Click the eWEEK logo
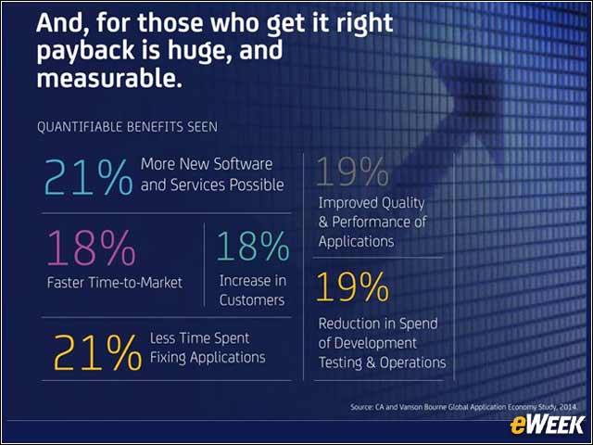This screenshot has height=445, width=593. click(x=547, y=425)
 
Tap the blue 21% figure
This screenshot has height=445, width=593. click(x=89, y=177)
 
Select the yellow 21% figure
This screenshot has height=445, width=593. click(x=97, y=352)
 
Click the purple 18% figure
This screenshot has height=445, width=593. click(x=91, y=248)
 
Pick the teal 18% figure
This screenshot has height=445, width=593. click(x=253, y=247)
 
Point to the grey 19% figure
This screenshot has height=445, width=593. click(x=352, y=172)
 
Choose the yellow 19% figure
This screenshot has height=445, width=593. click(x=352, y=287)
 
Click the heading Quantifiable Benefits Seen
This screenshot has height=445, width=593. click(x=128, y=127)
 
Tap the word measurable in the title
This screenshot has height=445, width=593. click(x=109, y=78)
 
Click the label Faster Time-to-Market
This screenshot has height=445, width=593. click(x=115, y=283)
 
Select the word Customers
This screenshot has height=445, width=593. click(x=252, y=300)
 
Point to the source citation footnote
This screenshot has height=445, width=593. click(x=464, y=407)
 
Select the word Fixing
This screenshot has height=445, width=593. click(x=168, y=358)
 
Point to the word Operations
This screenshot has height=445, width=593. click(x=413, y=362)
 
